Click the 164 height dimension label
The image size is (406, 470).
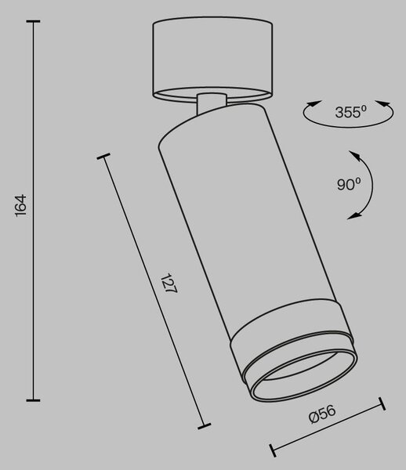tap(21, 205)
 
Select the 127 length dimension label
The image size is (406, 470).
tap(169, 283)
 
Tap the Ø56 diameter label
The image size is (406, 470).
tap(322, 414)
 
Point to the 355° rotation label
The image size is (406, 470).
tap(351, 112)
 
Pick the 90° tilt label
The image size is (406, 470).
tap(349, 184)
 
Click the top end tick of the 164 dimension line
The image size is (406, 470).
tap(33, 21)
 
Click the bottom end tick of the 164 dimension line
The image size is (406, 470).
tap(33, 400)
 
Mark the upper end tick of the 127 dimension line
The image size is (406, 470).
tap(103, 156)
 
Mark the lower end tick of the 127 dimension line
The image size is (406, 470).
tap(205, 426)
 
